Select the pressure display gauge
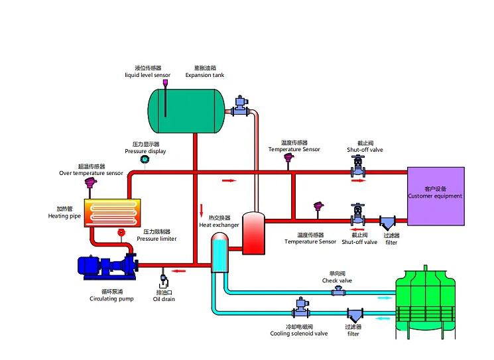[144, 159]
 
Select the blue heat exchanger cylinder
[219, 253]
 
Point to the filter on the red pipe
[387, 223]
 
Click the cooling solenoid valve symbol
[301, 308]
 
